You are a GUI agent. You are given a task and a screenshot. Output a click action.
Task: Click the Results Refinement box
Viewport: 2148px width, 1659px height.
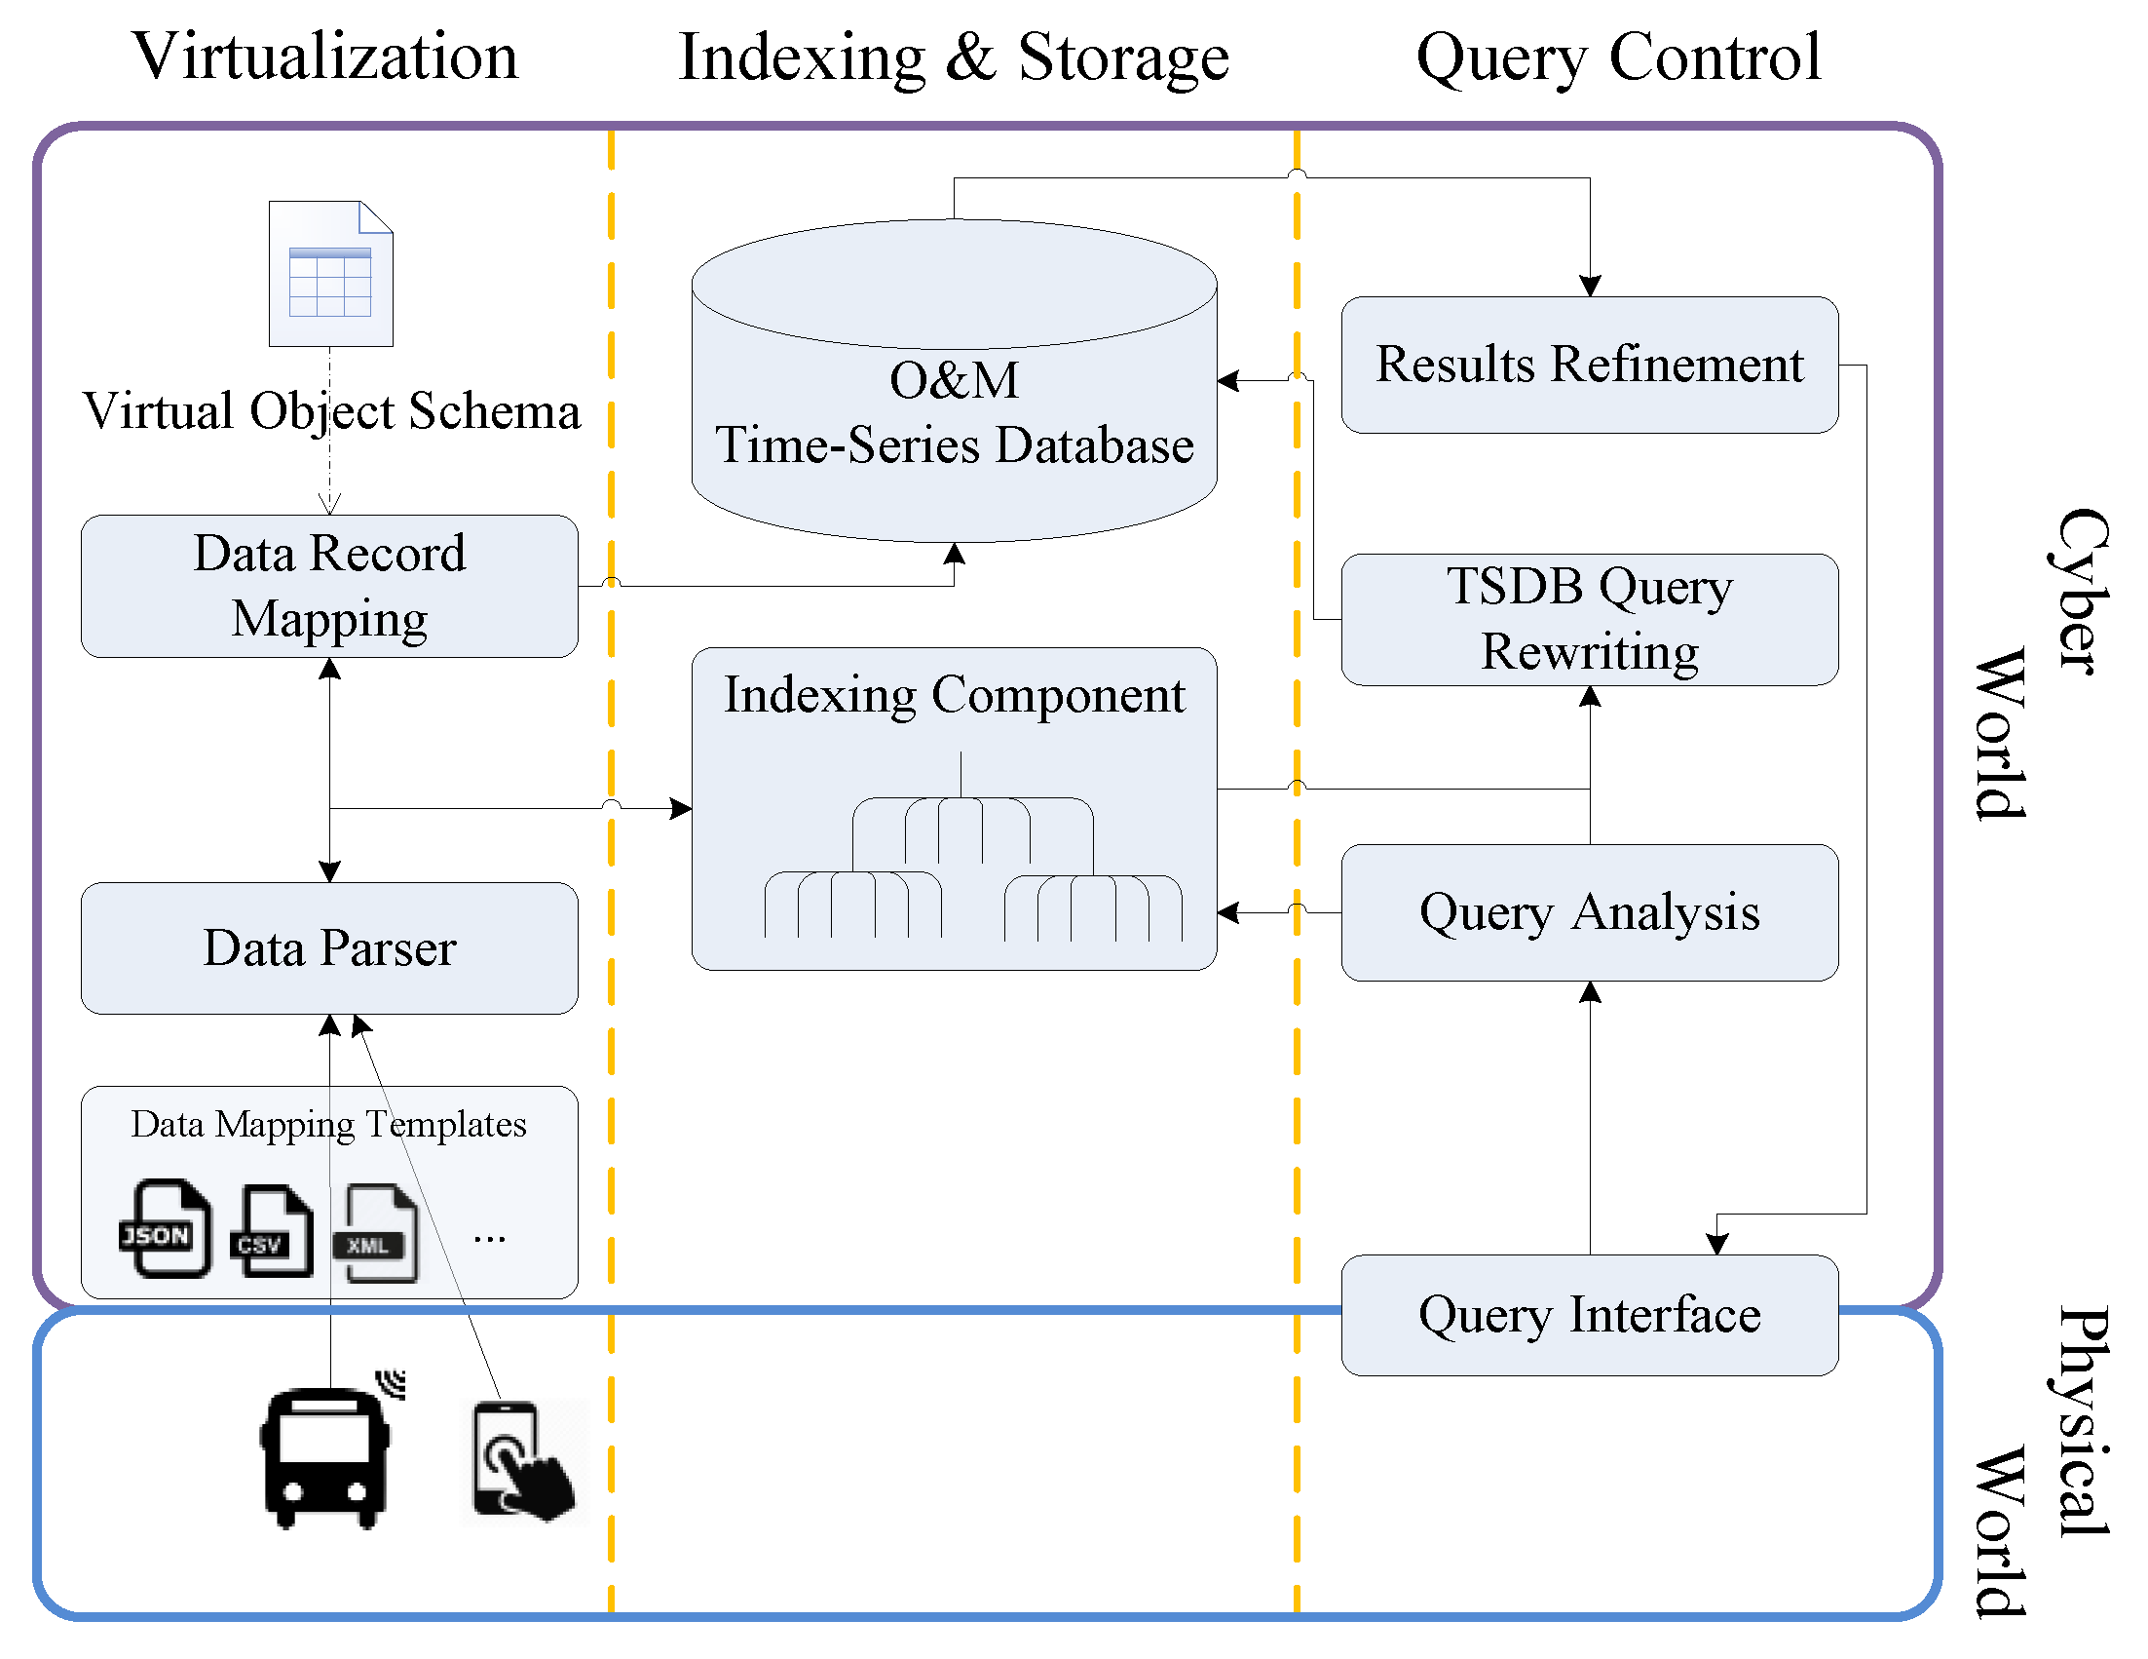coord(1589,366)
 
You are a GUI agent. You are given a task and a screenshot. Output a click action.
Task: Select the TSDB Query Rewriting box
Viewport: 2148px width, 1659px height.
coord(1589,619)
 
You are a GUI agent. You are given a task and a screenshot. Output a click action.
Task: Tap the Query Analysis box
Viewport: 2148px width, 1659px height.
coord(1589,912)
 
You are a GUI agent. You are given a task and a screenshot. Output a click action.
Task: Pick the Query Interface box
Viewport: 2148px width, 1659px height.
coord(1589,1315)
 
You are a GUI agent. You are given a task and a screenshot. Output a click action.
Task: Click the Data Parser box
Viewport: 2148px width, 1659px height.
coord(329,947)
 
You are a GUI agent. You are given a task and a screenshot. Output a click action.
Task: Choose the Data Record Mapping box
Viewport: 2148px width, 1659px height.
coord(329,587)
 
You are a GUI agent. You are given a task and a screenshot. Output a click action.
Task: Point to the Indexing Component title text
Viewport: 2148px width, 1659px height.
coord(954,695)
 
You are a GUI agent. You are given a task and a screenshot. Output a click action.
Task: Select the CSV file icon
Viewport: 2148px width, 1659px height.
coord(273,1231)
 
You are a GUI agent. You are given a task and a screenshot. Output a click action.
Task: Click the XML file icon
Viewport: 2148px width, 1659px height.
coord(379,1233)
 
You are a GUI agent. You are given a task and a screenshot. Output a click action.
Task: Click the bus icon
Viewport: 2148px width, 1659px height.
coord(325,1456)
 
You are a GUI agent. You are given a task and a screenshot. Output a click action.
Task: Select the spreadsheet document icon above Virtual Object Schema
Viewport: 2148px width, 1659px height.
coord(330,274)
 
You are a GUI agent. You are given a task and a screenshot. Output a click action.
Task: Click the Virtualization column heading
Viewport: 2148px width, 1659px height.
coord(324,57)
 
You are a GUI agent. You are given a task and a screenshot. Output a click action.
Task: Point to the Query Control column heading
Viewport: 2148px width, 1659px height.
coord(1618,58)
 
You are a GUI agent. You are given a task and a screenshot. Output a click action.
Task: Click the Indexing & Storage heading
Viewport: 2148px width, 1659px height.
coord(953,58)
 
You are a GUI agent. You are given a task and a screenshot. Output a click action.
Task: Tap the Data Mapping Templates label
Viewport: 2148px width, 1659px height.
coord(328,1124)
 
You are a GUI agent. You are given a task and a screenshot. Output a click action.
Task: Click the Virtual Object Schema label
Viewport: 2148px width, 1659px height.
coord(330,411)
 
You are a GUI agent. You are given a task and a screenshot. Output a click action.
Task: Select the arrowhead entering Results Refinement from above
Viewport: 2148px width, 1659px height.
coord(1590,287)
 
